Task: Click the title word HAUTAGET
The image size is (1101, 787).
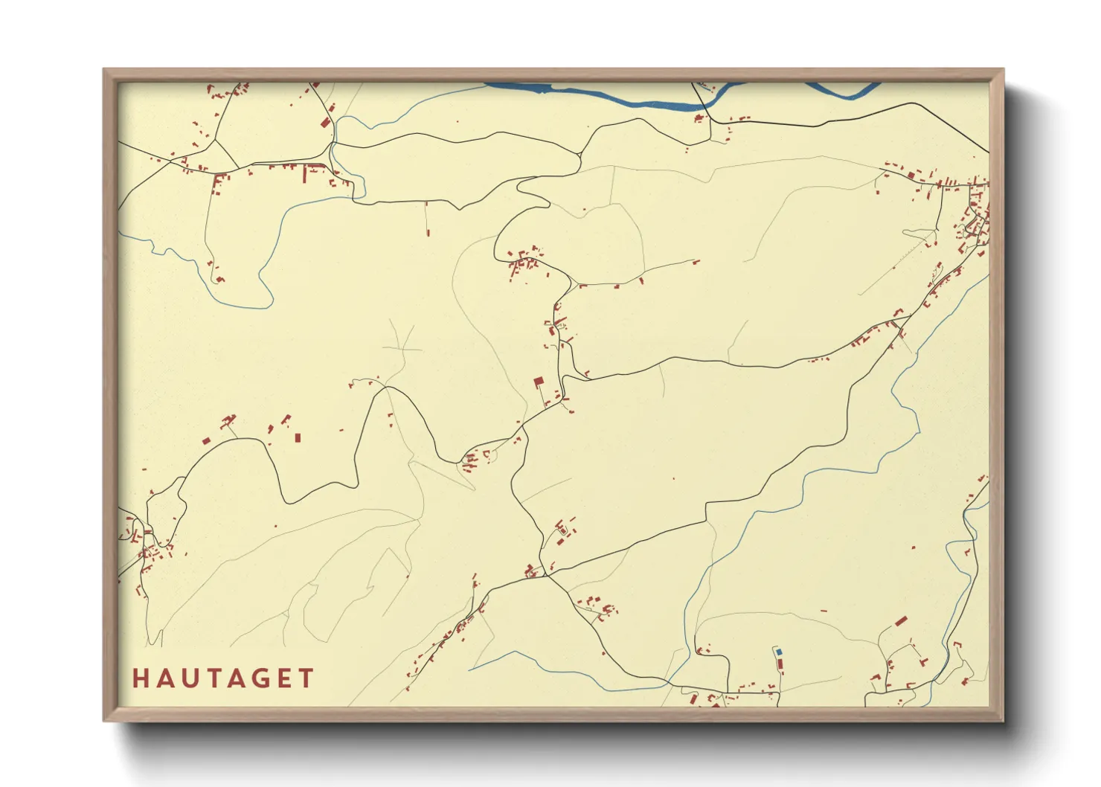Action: point(223,678)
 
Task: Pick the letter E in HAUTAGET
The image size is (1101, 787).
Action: point(283,678)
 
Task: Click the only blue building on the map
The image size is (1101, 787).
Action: point(779,652)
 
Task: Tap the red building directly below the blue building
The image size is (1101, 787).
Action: point(780,661)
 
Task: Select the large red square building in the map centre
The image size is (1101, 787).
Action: point(539,381)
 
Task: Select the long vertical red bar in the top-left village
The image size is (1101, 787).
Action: point(304,175)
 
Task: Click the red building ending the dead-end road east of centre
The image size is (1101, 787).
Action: point(696,261)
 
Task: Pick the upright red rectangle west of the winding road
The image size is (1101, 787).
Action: point(298,438)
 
